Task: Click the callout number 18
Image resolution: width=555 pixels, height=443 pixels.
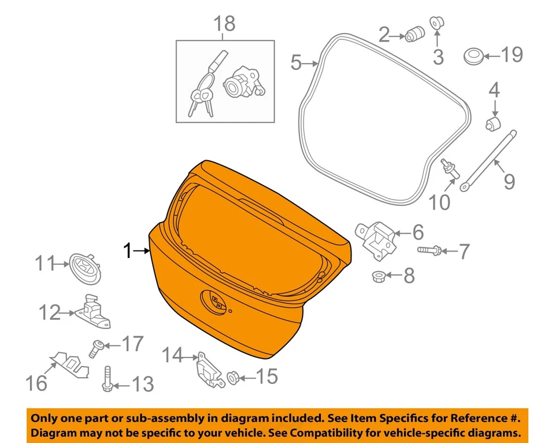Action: pyautogui.click(x=225, y=24)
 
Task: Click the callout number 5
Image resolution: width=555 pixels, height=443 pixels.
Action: pyautogui.click(x=296, y=62)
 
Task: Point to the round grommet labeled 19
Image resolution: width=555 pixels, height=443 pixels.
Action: pyautogui.click(x=473, y=56)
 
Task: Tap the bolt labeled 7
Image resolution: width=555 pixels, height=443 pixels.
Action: pyautogui.click(x=429, y=250)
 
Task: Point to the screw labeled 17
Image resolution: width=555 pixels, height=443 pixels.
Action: pyautogui.click(x=95, y=348)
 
